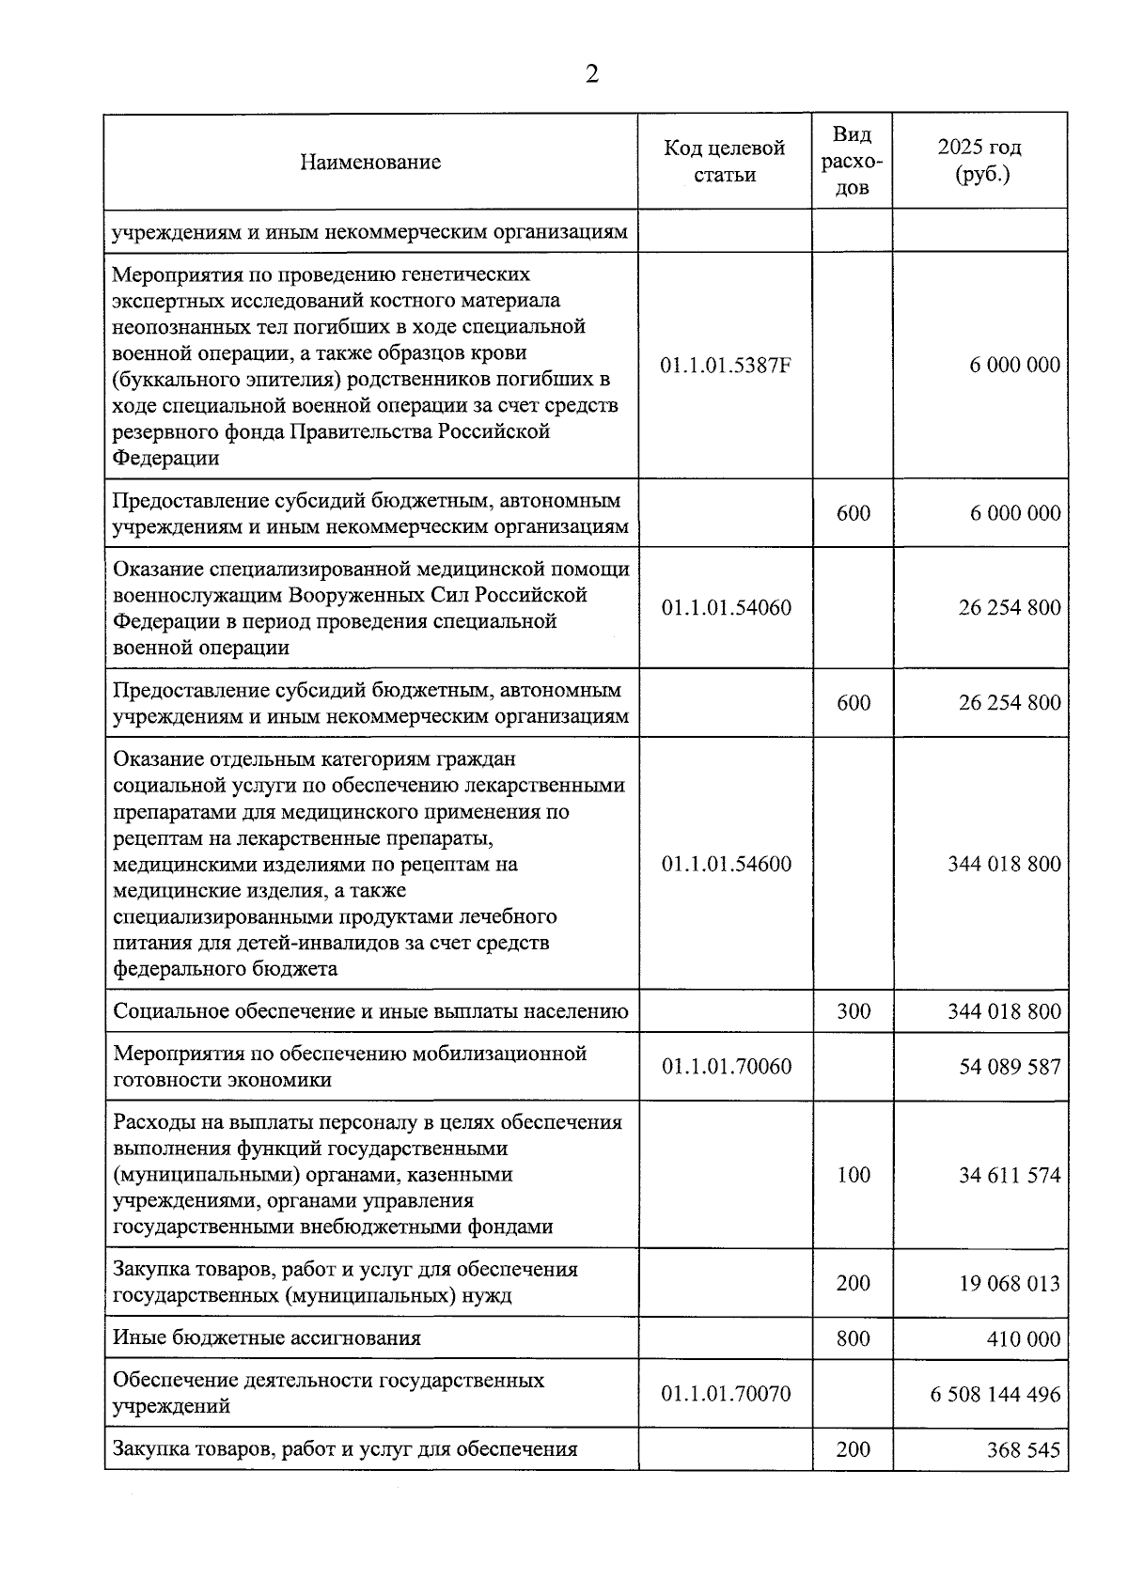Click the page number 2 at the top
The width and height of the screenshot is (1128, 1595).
(x=591, y=74)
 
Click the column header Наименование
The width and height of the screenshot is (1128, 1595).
(x=370, y=162)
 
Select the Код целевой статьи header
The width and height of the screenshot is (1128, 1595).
(x=725, y=161)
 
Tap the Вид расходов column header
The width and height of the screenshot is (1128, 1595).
(x=852, y=161)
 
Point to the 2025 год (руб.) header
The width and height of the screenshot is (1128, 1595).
(x=979, y=161)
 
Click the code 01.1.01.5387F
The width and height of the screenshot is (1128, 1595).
(x=725, y=365)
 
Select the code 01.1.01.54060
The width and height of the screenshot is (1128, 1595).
(x=726, y=607)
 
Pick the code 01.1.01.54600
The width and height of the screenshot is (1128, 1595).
(x=726, y=864)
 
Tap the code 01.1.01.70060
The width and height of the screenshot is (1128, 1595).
(x=726, y=1066)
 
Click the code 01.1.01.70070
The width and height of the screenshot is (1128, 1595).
(x=726, y=1393)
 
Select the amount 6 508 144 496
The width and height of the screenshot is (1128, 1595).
(x=995, y=1394)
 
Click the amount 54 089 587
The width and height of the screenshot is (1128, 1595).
(x=1009, y=1067)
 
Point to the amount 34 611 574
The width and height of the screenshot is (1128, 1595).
(x=1009, y=1175)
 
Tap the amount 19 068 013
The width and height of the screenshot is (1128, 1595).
(x=1009, y=1283)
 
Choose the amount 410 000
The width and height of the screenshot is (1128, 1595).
(x=1023, y=1338)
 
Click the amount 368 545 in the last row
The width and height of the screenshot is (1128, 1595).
(x=1023, y=1449)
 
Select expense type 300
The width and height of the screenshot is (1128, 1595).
(x=854, y=1011)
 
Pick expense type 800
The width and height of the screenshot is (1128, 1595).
(x=854, y=1337)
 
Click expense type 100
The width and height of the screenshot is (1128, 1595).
(x=854, y=1175)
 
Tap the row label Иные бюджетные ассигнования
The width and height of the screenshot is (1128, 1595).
(x=267, y=1337)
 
